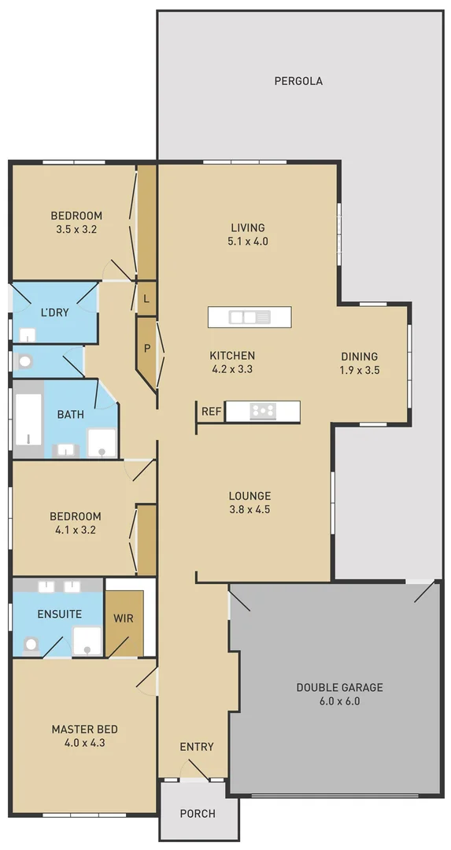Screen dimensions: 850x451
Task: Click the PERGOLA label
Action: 298,81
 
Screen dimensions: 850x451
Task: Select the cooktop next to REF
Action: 262,411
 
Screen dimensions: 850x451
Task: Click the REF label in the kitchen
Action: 211,412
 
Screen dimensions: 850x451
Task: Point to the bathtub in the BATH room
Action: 28,419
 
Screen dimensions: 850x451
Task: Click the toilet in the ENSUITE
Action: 31,644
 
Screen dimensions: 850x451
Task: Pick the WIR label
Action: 124,619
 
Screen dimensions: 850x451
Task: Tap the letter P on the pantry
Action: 146,347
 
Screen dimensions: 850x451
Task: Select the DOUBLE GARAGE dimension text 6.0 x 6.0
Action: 339,701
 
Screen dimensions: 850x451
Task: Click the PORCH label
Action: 198,813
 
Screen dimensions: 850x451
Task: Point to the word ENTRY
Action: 197,747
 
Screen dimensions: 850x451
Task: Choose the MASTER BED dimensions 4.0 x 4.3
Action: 84,743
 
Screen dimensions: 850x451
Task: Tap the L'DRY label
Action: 55,312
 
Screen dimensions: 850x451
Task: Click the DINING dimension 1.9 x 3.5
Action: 359,370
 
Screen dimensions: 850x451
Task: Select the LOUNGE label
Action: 250,496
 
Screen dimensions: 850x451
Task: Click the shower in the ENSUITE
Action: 87,641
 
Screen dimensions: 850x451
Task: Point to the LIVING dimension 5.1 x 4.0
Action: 242,242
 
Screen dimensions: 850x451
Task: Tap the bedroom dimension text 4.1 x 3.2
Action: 75,530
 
